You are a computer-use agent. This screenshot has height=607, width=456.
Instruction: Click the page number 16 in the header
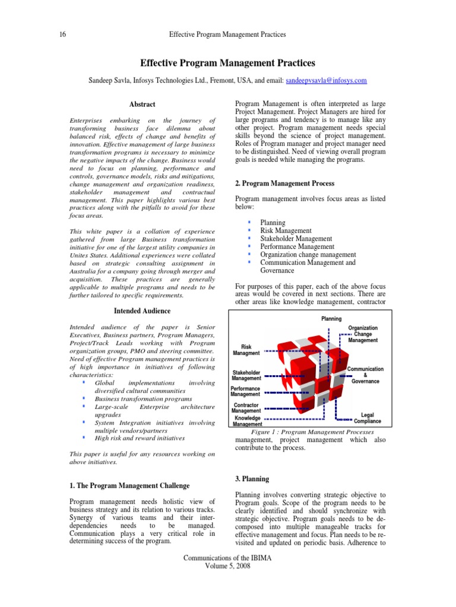coord(62,34)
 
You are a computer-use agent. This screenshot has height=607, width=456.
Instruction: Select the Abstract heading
coord(142,104)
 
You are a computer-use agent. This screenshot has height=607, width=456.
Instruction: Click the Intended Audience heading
coord(142,311)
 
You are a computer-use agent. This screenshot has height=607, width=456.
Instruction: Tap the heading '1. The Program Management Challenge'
coord(129,485)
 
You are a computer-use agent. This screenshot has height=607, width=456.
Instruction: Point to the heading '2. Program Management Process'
coord(284,184)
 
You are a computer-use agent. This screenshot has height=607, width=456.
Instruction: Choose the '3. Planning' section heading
coord(252,479)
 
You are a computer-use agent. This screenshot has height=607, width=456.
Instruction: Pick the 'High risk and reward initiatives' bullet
coord(140,438)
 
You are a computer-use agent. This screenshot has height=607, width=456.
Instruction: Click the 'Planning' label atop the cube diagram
coord(331,319)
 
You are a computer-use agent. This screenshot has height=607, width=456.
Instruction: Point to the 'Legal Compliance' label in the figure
coord(368,418)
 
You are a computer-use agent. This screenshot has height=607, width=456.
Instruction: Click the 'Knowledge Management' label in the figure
coord(246,421)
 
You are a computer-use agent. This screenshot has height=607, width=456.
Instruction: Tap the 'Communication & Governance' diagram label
coord(365,375)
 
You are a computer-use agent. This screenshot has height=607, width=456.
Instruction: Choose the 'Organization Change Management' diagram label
coord(363,334)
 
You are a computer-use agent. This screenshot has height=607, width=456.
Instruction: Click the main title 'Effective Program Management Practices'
coord(227,63)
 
